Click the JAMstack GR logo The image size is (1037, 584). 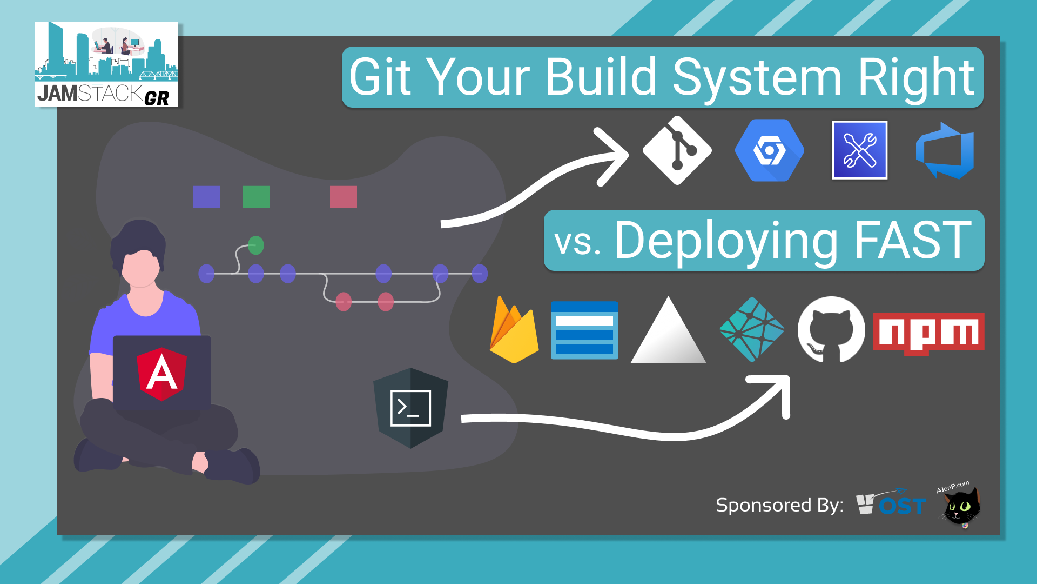click(106, 64)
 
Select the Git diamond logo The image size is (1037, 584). click(677, 150)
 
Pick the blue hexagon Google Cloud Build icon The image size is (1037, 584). click(769, 150)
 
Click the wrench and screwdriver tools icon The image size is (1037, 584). click(859, 150)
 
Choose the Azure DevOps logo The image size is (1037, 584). click(945, 151)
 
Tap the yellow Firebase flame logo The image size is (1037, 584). click(514, 331)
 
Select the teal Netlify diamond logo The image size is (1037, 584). click(752, 329)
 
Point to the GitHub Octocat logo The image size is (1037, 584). click(831, 329)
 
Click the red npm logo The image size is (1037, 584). click(928, 333)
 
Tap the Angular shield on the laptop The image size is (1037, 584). click(161, 374)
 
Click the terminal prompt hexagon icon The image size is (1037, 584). click(410, 408)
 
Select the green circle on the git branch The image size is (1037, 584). click(256, 245)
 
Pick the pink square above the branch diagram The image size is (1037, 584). click(344, 197)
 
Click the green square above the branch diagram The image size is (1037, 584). click(256, 197)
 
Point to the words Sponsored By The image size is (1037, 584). click(779, 505)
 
